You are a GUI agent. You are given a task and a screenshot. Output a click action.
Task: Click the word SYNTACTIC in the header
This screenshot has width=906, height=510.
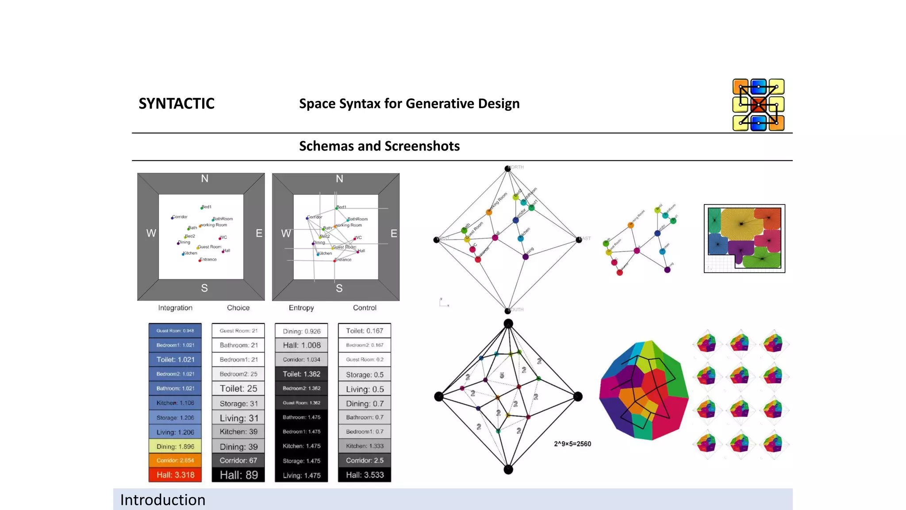[x=177, y=104]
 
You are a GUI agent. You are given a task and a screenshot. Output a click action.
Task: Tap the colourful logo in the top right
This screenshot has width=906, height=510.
[x=758, y=105]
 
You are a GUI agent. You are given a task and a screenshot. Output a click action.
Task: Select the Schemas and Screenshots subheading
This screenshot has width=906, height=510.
[x=379, y=146]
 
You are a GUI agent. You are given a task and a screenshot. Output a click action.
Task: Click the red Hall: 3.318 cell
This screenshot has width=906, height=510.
[x=175, y=475]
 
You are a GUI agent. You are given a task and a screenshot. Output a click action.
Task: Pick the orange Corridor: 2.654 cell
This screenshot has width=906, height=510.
[x=175, y=460]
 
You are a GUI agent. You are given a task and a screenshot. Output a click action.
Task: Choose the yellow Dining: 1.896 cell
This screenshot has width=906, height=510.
[x=175, y=446]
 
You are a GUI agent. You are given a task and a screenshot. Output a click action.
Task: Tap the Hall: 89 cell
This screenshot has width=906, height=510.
[x=238, y=475]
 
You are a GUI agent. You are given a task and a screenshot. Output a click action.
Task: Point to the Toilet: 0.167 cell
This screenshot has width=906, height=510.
[x=365, y=331]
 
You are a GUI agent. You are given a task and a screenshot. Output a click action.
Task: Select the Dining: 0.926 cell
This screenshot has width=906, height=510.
[x=301, y=331]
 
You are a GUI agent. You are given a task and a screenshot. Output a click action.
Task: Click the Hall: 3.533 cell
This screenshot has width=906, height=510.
[x=365, y=475]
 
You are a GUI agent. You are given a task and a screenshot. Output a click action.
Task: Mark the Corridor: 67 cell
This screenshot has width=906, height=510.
[x=238, y=460]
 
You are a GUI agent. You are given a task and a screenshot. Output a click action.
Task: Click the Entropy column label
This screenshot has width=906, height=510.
[x=301, y=308]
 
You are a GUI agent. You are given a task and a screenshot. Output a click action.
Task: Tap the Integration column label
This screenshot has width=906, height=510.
[x=175, y=308]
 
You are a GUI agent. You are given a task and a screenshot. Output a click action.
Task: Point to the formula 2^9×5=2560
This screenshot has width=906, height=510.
[x=572, y=444]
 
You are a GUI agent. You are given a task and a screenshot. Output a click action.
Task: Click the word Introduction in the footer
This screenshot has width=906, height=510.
[x=163, y=500]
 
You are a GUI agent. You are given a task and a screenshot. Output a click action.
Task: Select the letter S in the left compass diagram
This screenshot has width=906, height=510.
[x=204, y=288]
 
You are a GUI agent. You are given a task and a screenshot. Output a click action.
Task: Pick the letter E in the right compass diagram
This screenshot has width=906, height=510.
[x=394, y=233]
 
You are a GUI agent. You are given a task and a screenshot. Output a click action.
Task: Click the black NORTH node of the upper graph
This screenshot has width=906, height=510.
[x=508, y=169]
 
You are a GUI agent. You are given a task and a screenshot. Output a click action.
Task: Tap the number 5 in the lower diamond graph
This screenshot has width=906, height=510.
[x=502, y=375]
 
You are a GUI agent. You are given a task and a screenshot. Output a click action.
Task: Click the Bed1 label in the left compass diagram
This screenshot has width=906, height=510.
[x=207, y=207]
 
